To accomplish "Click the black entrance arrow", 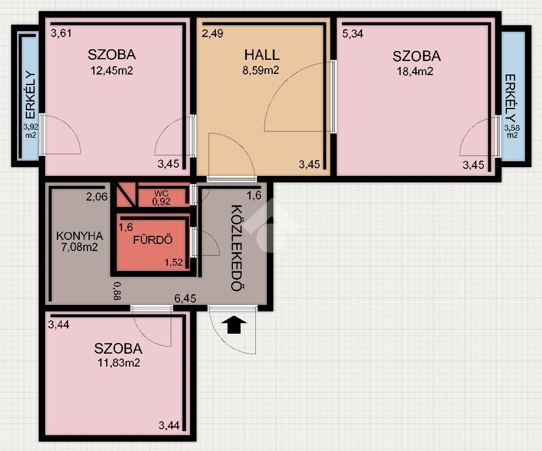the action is pyautogui.click(x=234, y=324).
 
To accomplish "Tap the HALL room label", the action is pyautogui.click(x=262, y=55).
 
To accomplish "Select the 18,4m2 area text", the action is pyautogui.click(x=415, y=71).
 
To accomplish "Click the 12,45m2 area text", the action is pyautogui.click(x=111, y=70).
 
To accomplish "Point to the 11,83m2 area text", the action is pyautogui.click(x=118, y=363).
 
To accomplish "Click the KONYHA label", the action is pyautogui.click(x=80, y=236).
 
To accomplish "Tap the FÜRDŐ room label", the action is pyautogui.click(x=153, y=239).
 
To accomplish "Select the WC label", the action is pyautogui.click(x=161, y=194).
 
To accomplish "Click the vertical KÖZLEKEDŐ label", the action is pyautogui.click(x=236, y=248).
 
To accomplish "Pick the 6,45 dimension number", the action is pyautogui.click(x=185, y=299).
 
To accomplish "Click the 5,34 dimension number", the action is pyautogui.click(x=353, y=33).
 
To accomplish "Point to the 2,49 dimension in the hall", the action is pyautogui.click(x=212, y=33).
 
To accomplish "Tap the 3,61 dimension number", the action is pyautogui.click(x=61, y=33).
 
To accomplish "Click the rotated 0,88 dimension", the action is pyautogui.click(x=117, y=291).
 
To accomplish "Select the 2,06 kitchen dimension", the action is pyautogui.click(x=97, y=196).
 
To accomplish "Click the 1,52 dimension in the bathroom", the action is pyautogui.click(x=174, y=262).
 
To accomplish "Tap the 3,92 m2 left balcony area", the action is pyautogui.click(x=31, y=131).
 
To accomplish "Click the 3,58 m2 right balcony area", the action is pyautogui.click(x=511, y=131).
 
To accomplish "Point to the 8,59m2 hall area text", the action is pyautogui.click(x=260, y=70).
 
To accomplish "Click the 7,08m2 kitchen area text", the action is pyautogui.click(x=80, y=247).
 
